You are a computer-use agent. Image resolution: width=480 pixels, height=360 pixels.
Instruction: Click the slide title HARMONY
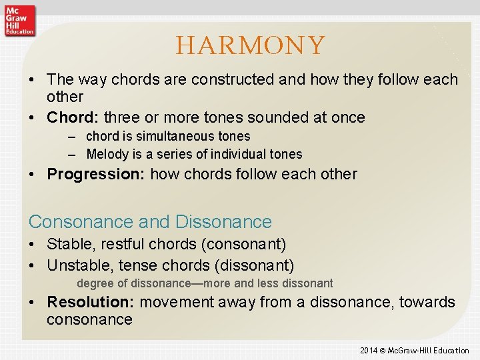[250, 45]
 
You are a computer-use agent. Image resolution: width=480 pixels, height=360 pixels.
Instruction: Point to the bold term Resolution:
[91, 302]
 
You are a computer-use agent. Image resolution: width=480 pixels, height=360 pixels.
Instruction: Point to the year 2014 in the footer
[369, 351]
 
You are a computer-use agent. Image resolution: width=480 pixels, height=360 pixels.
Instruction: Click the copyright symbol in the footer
[384, 351]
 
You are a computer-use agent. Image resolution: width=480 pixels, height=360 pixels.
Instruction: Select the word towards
[427, 302]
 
